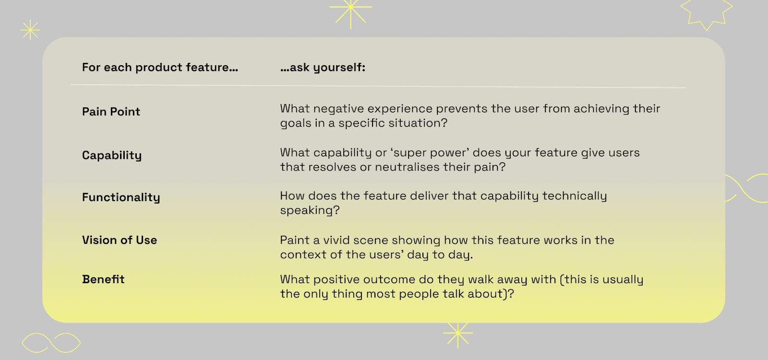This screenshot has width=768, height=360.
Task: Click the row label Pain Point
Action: tap(111, 112)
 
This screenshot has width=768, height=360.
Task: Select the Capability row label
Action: tap(112, 156)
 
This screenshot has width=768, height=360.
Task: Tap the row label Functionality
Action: tap(121, 197)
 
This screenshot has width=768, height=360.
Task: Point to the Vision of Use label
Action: tap(120, 240)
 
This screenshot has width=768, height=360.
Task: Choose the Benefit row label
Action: tap(103, 279)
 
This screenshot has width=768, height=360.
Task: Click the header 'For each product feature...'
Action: tap(160, 68)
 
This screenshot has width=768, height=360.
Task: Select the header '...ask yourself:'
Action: tap(323, 68)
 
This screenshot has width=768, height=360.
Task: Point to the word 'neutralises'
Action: tap(407, 168)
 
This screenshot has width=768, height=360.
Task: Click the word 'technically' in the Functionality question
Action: tap(574, 196)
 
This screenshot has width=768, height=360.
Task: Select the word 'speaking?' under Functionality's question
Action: tap(310, 211)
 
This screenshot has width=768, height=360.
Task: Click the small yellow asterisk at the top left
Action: tap(30, 30)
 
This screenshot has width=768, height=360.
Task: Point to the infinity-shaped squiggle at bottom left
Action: tap(51, 343)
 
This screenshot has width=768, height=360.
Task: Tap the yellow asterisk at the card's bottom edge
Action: tap(458, 333)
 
